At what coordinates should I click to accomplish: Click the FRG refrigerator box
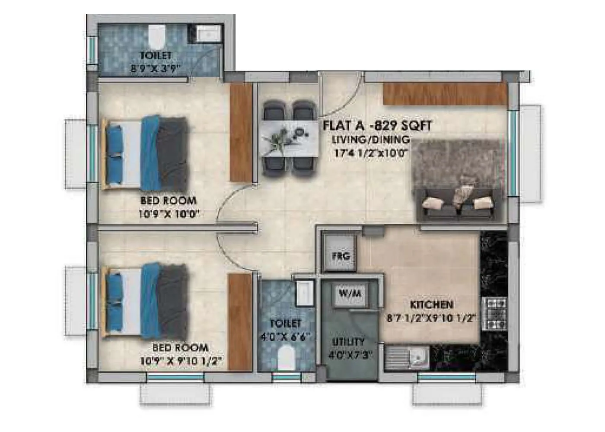(x=341, y=255)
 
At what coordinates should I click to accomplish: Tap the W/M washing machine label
(x=350, y=294)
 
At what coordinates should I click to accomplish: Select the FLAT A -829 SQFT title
(x=377, y=126)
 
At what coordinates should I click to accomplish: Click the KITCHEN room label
(x=431, y=305)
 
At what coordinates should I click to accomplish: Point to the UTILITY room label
(x=348, y=342)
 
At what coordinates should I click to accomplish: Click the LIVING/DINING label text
(x=371, y=140)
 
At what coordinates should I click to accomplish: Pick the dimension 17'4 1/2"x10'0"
(x=371, y=153)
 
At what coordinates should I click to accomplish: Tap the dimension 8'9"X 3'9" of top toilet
(x=155, y=68)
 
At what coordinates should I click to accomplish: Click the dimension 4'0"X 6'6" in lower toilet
(x=285, y=336)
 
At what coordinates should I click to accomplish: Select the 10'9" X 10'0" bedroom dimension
(x=169, y=213)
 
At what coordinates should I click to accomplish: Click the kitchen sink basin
(x=417, y=357)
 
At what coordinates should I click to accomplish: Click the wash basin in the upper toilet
(x=209, y=33)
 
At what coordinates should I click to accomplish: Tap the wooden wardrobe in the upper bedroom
(x=241, y=132)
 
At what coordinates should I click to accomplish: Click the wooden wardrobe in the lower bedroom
(x=240, y=322)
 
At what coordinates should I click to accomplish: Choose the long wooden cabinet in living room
(x=445, y=94)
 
